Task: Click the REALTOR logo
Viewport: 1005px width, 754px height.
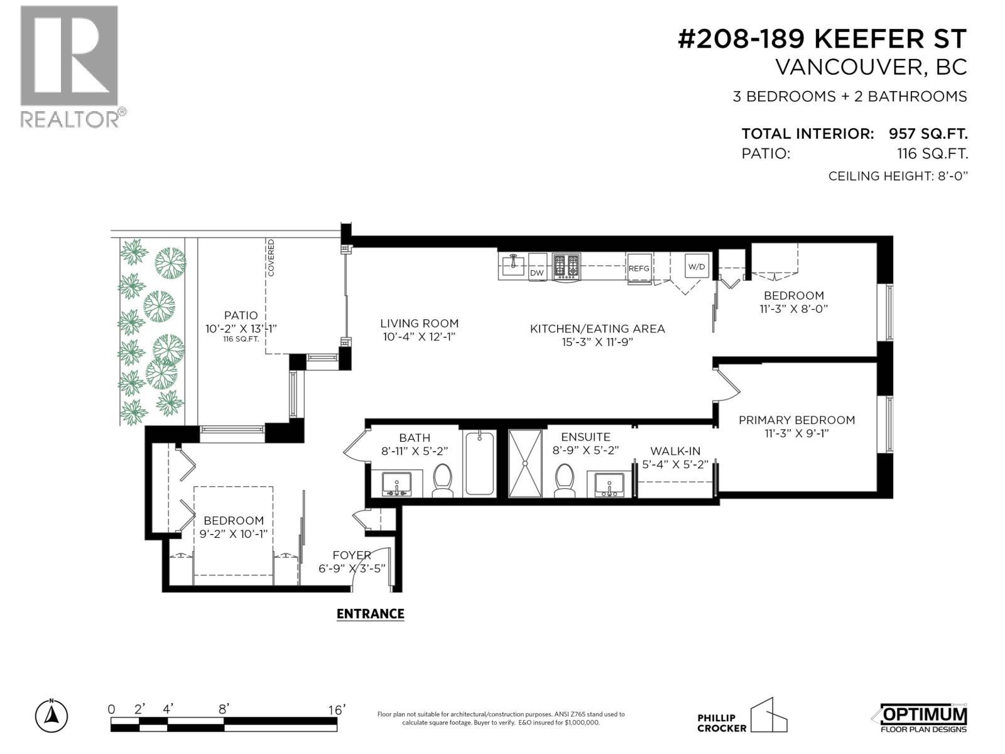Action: coord(72,67)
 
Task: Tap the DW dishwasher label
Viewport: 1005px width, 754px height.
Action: coord(536,273)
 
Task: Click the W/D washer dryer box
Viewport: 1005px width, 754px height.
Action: coord(697,266)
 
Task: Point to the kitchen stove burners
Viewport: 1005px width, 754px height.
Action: coord(567,266)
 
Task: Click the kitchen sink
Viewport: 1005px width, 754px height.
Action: coord(513,264)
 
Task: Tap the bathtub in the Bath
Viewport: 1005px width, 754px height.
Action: coord(479,463)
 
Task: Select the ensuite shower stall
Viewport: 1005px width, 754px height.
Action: coord(525,463)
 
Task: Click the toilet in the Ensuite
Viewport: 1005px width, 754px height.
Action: coord(565,480)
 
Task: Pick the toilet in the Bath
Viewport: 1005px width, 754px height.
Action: coord(442,480)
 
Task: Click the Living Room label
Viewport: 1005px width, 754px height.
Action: coord(420,324)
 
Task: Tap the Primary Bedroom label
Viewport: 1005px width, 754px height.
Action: coord(796,420)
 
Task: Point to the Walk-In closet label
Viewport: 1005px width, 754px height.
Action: coord(675,451)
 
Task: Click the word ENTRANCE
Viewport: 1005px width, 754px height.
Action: coord(371,614)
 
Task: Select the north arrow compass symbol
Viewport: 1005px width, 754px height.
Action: coord(52,716)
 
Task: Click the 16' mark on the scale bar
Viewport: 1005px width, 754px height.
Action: coord(337,710)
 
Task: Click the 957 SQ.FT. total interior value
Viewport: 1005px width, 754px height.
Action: coord(928,134)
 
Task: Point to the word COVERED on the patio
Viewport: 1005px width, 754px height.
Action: coord(271,257)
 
